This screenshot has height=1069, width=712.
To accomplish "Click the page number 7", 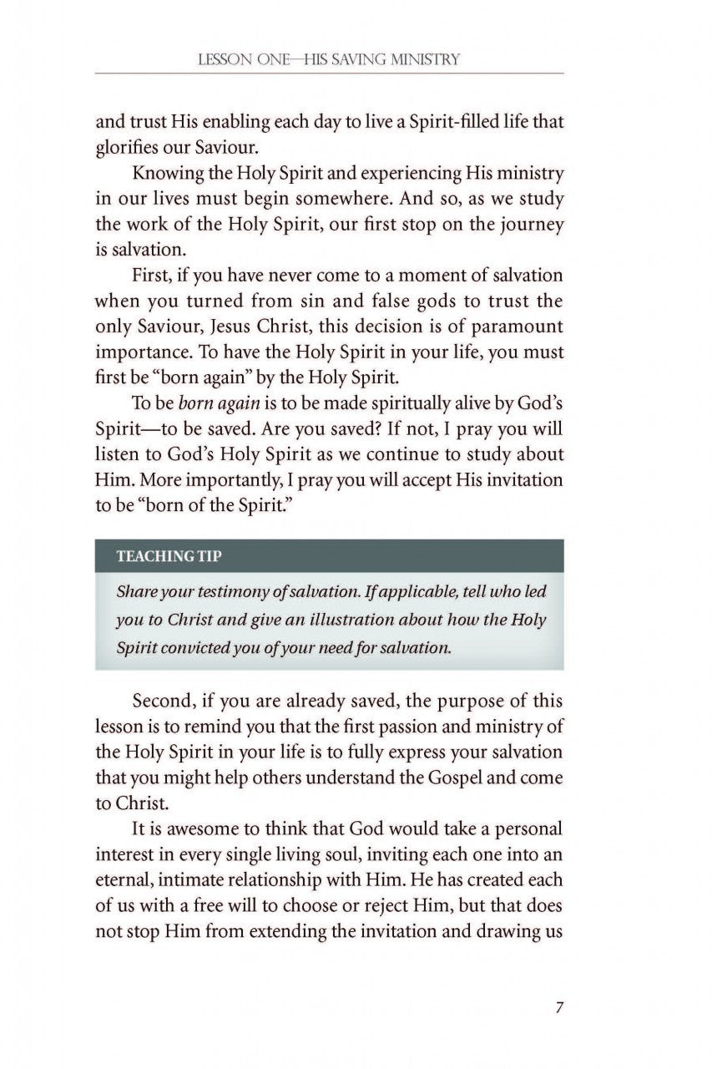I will [558, 1007].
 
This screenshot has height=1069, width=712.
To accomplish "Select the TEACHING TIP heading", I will [169, 556].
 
